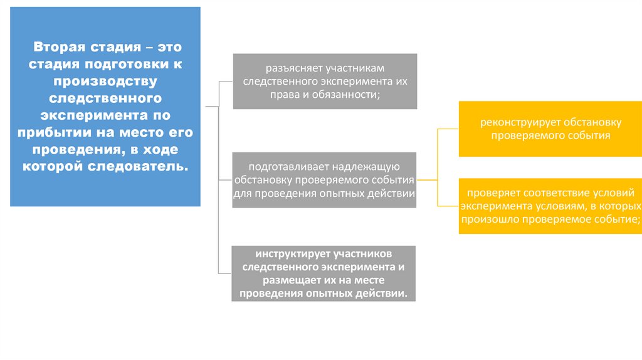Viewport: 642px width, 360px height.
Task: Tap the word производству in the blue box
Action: coord(105,82)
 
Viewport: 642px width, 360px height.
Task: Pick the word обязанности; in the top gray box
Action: coord(350,94)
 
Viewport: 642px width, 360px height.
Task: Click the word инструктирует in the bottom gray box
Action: coord(292,254)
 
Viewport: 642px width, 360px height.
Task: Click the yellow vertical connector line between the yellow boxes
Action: coord(438,167)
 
